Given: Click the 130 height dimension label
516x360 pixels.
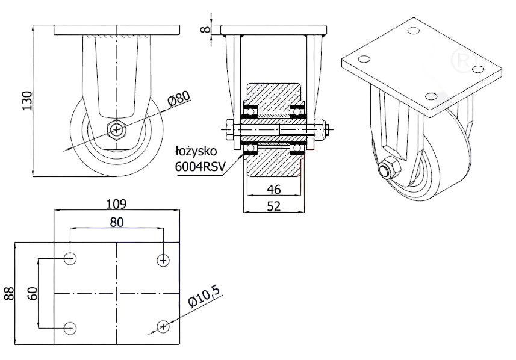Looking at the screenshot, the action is pos(27,101).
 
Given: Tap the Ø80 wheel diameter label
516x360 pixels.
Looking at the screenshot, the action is pos(179,98).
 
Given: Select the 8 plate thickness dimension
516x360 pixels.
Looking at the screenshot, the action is pos(205,29).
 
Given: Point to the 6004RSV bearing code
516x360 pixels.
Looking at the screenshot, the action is pos(200,167).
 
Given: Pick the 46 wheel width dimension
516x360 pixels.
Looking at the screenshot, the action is pos(274,190).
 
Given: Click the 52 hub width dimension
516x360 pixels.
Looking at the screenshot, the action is pos(274,206).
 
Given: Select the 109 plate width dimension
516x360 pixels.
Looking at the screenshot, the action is pos(116,204).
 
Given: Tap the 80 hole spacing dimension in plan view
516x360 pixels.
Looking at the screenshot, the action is pos(116,223).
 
